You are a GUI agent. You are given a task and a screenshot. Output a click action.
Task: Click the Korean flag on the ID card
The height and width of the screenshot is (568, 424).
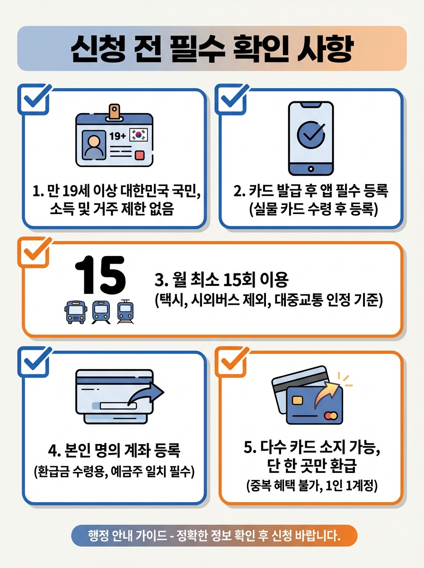click(x=138, y=134)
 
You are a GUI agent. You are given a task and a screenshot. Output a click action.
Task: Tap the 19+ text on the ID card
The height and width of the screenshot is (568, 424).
click(x=118, y=136)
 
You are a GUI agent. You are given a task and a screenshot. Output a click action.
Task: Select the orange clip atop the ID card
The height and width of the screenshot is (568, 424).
click(x=114, y=112)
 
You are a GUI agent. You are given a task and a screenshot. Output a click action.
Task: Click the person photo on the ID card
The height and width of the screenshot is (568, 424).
click(x=94, y=145)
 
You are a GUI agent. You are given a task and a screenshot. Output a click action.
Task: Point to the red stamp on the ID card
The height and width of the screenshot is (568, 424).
click(x=140, y=155)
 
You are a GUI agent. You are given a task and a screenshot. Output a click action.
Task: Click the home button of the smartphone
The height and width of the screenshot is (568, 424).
click(x=311, y=169)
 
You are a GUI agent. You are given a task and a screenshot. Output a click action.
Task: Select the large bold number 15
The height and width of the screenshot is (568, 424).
click(x=100, y=275)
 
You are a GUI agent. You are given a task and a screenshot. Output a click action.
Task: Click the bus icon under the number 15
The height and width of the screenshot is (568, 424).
click(x=76, y=312)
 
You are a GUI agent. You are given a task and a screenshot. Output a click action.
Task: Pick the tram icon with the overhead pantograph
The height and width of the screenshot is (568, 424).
click(x=125, y=312)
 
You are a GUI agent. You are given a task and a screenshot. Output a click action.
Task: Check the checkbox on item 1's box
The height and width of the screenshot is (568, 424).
click(x=34, y=99)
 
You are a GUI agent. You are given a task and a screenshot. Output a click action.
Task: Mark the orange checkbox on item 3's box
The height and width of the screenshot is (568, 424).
click(x=34, y=252)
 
